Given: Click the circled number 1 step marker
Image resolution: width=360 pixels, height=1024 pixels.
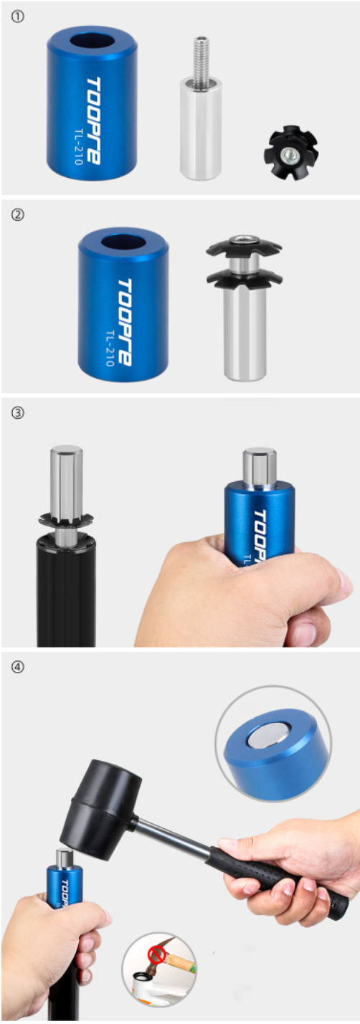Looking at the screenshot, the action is [x=17, y=17].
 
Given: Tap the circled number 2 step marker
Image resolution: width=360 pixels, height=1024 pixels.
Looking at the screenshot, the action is [x=17, y=215].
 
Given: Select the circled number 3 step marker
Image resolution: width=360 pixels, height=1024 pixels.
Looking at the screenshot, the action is [x=17, y=413].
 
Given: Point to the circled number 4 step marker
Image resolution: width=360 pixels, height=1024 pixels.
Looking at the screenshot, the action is [x=17, y=668].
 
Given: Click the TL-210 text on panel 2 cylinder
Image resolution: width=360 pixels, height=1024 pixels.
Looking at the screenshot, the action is [x=110, y=348].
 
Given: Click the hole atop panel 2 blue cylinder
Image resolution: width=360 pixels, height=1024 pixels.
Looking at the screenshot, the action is [x=123, y=242].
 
